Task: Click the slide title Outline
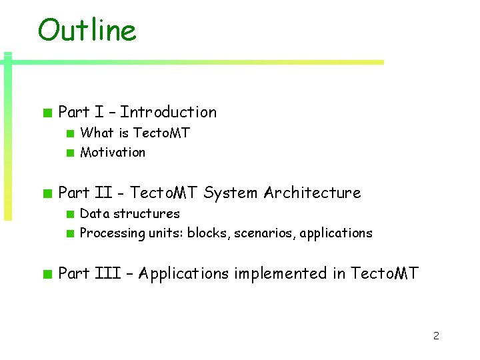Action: coord(87,30)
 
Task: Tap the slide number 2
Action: coord(436,335)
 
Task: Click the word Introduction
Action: coord(168,112)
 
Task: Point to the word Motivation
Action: coord(113,152)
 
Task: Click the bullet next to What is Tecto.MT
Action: coord(69,133)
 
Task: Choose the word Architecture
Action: coord(312,193)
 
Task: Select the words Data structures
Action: coord(130,213)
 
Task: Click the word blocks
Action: coord(207,233)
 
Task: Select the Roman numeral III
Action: coord(101,273)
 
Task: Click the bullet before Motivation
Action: coord(69,153)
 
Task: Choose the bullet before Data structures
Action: coord(69,214)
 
